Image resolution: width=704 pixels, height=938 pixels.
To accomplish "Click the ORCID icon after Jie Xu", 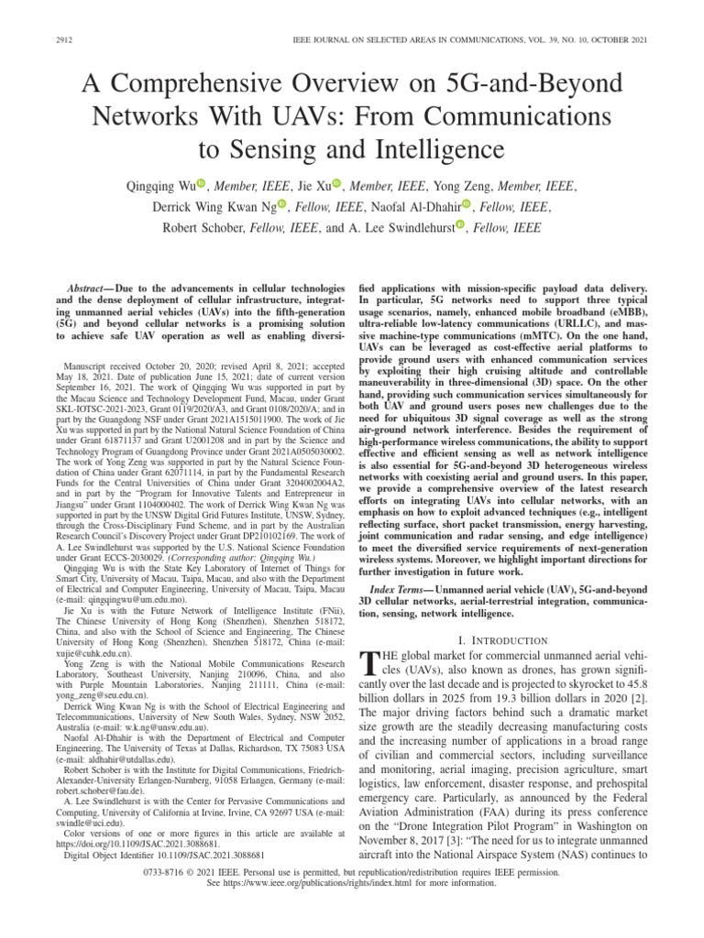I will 337,184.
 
